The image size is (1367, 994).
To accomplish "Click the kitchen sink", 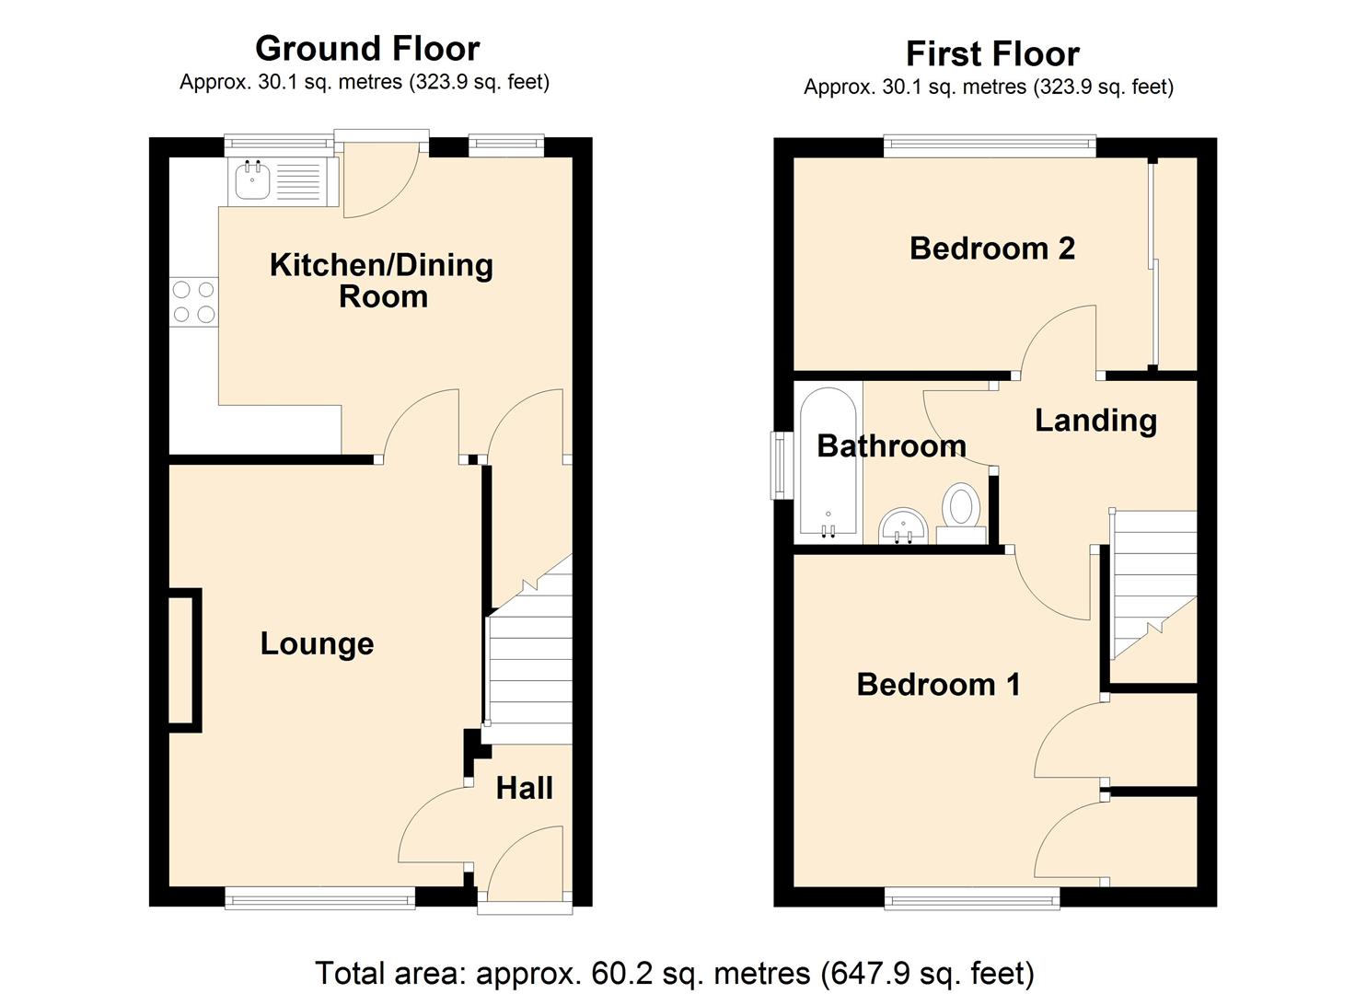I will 252,180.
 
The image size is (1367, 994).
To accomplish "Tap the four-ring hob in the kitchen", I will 193,302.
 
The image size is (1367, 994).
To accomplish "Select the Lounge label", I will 317,643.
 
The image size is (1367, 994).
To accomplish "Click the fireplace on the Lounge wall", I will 184,660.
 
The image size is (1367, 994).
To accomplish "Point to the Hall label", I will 524,788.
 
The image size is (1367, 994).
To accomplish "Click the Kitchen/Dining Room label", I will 381,280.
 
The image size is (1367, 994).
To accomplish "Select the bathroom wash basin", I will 902,526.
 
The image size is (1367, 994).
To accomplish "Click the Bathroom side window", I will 781,465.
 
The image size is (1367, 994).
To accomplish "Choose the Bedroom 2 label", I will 991,248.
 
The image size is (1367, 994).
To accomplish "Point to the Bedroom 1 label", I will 937,685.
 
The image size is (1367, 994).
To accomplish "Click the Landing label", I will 1095,421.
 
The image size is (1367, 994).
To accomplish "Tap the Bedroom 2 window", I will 990,143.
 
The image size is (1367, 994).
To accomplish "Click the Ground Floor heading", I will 366,49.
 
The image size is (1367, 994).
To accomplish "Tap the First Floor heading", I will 991,54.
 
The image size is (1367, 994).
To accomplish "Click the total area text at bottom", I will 674,972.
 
